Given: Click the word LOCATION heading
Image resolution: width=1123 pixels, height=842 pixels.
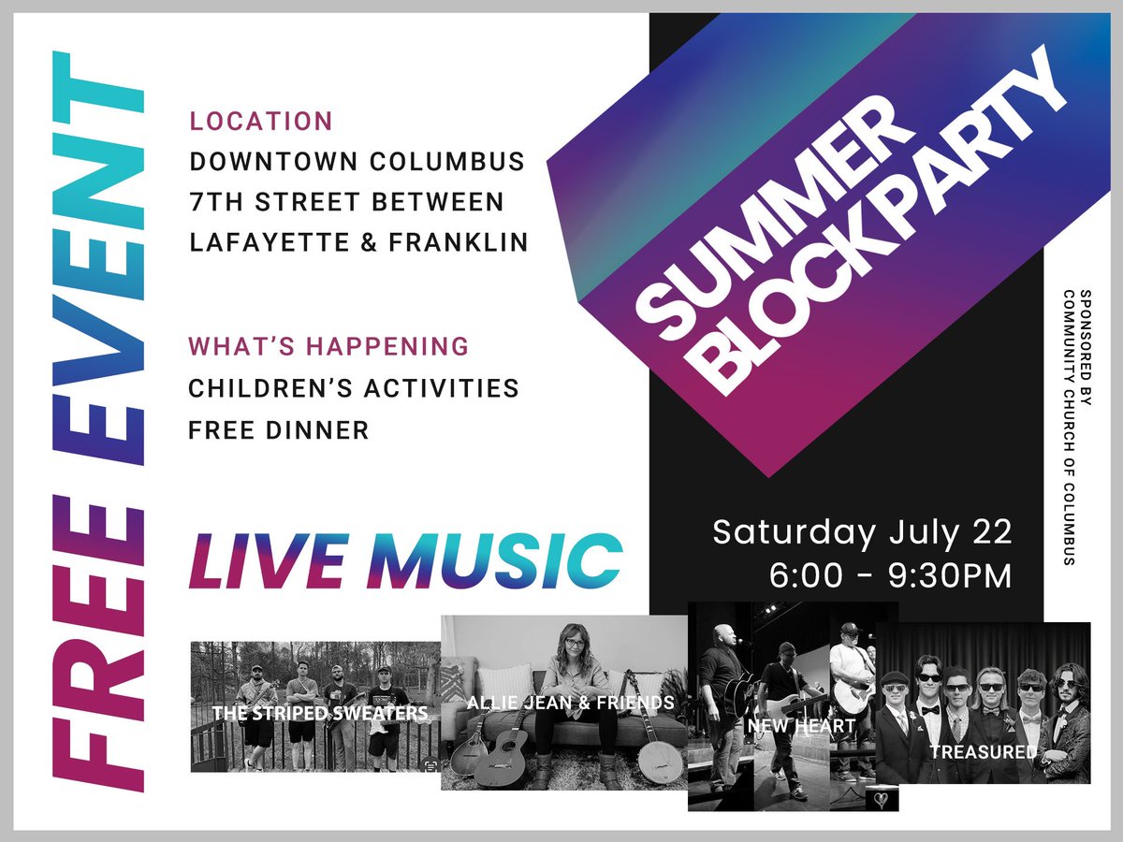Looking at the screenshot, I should pyautogui.click(x=261, y=122).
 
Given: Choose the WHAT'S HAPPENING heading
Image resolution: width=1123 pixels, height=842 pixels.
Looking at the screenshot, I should pyautogui.click(x=328, y=347).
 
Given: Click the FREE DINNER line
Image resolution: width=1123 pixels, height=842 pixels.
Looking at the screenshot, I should pyautogui.click(x=278, y=430).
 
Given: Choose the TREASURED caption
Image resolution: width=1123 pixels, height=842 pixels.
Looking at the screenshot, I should pyautogui.click(x=983, y=751).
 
